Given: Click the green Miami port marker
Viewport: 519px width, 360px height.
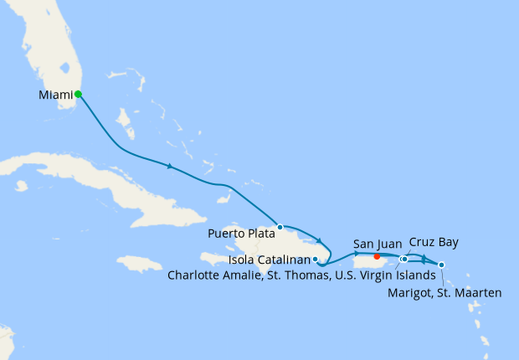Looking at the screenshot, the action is tap(78, 95).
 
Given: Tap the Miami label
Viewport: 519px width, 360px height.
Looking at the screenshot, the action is tap(55, 95).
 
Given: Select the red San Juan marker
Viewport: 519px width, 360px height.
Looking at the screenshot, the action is tap(378, 257).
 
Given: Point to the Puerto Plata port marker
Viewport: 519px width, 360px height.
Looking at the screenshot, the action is tap(280, 227).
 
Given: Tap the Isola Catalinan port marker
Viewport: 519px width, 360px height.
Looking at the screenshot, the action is tap(315, 260).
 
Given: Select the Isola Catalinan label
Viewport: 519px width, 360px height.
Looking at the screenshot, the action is tap(268, 260).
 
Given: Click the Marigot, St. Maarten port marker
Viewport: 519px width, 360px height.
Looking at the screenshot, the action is tap(441, 265).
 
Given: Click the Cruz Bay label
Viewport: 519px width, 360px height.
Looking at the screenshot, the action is tap(434, 243).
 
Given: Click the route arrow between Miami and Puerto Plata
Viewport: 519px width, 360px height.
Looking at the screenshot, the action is tap(170, 166).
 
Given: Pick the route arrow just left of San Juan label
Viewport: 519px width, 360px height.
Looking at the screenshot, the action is tap(357, 253).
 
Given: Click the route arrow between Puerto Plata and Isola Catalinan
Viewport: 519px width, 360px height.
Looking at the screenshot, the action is tap(320, 241).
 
